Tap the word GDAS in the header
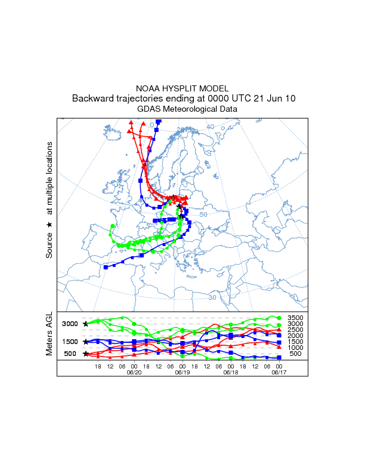point(149,109)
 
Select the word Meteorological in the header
point(193,109)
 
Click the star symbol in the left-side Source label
point(50,224)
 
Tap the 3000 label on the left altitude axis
point(70,324)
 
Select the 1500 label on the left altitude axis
point(70,342)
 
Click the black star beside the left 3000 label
point(85,324)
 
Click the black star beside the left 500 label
point(85,354)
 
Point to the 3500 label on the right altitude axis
point(295,318)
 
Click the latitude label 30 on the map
point(212,297)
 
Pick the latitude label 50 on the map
point(203,214)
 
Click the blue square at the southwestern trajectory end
point(106,267)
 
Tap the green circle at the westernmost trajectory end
point(113,226)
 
